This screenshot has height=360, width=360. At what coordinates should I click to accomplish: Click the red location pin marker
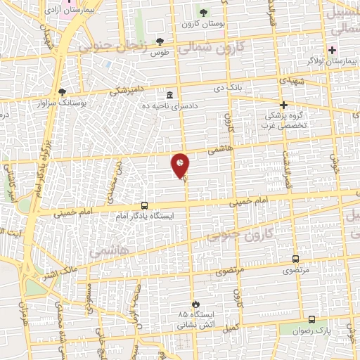point(180,166)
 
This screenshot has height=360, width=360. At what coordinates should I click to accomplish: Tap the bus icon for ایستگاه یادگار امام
point(144,206)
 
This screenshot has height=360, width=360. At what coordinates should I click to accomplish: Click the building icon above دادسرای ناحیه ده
point(169,95)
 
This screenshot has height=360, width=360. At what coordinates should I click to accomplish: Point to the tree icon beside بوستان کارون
point(203,13)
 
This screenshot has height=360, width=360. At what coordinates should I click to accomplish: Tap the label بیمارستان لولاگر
point(328,61)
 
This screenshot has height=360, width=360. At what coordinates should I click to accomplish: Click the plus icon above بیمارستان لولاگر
point(332,50)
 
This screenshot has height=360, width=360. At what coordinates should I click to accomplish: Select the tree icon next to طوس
point(160,41)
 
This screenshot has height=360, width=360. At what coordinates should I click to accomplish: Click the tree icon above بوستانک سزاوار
point(62,92)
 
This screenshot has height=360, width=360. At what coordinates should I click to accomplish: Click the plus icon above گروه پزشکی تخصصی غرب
point(283,104)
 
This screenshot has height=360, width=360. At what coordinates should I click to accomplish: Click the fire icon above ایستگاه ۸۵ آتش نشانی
point(195,304)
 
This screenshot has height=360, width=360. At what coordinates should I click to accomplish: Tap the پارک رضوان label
point(307,330)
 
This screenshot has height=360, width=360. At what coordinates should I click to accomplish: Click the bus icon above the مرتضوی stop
point(295,259)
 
